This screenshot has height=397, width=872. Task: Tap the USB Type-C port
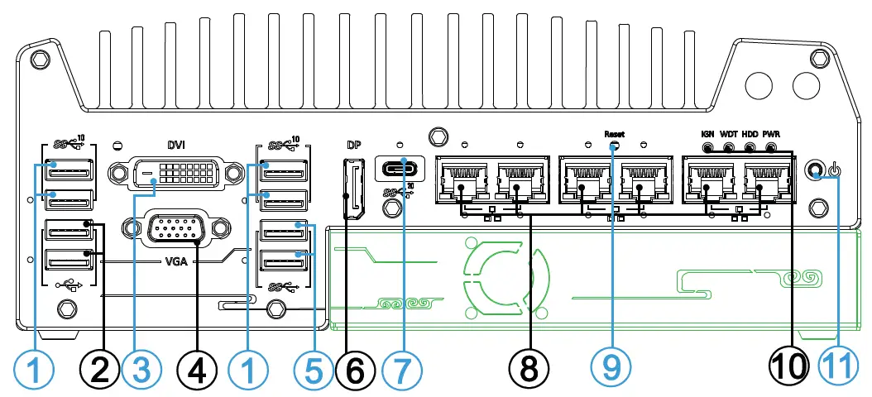402,170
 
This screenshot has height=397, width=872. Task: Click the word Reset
614,133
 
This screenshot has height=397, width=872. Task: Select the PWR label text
771,133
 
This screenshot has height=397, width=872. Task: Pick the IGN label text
707,133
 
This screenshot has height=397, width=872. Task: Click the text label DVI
175,145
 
